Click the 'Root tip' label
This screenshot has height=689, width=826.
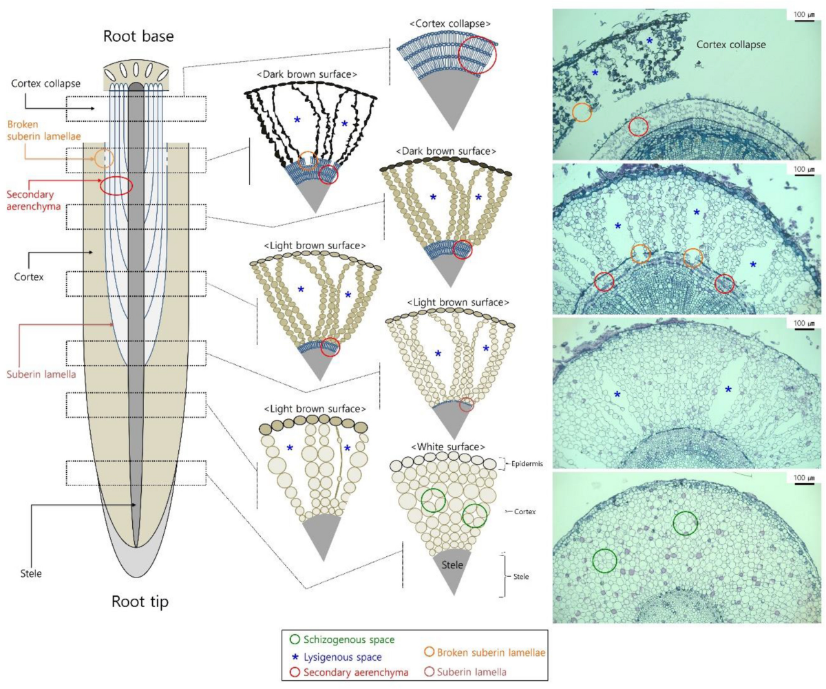[x=140, y=602]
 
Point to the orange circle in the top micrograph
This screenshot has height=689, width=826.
[x=582, y=113]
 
